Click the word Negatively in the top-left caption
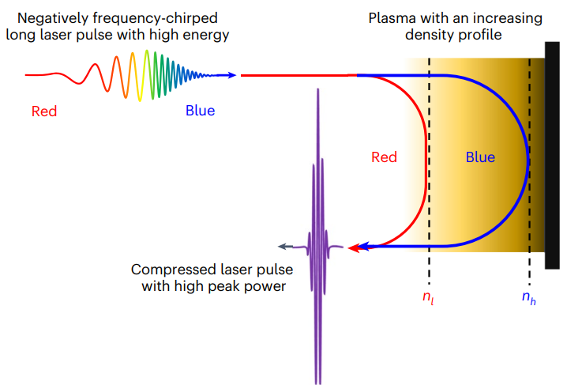53,18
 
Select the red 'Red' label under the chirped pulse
44,111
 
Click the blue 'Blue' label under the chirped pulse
200,111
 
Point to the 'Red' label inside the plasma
384,157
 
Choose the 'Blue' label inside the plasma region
480,157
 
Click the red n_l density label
428,297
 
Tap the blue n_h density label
529,297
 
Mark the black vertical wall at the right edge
552,155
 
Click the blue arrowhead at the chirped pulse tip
232,75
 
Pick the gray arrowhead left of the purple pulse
285,247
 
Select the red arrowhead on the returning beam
353,247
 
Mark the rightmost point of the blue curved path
528,161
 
